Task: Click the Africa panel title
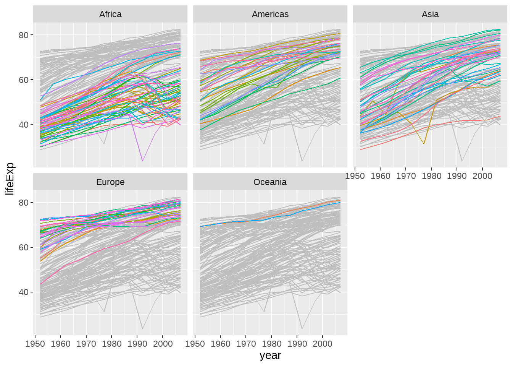[110, 15]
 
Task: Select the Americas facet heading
[270, 15]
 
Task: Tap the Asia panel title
[430, 15]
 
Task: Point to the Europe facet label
[110, 182]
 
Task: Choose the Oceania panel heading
[270, 182]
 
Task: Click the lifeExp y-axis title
[10, 179]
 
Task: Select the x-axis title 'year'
[270, 356]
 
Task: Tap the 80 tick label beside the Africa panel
[24, 35]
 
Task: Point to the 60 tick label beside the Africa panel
[24, 80]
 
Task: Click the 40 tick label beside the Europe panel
[24, 292]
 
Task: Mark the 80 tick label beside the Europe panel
[24, 203]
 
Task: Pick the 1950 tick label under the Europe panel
[35, 344]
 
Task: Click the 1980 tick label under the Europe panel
[111, 344]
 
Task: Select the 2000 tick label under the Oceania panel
[323, 344]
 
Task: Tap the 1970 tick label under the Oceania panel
[246, 344]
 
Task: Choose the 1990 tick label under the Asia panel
[457, 176]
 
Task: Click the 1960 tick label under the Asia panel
[381, 176]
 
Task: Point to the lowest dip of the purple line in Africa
[142, 161]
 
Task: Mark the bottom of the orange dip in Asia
[424, 144]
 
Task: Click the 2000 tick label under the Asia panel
[482, 176]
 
